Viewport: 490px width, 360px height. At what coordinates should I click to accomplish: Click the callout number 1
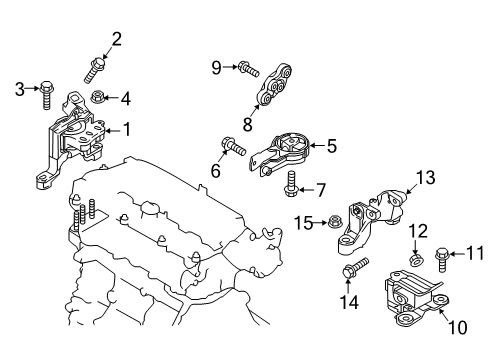pyautogui.click(x=126, y=129)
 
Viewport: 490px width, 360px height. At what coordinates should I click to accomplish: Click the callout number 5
pyautogui.click(x=330, y=146)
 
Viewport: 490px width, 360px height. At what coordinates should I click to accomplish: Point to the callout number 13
pyautogui.click(x=426, y=177)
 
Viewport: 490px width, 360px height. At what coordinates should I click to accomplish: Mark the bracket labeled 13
pyautogui.click(x=375, y=220)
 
